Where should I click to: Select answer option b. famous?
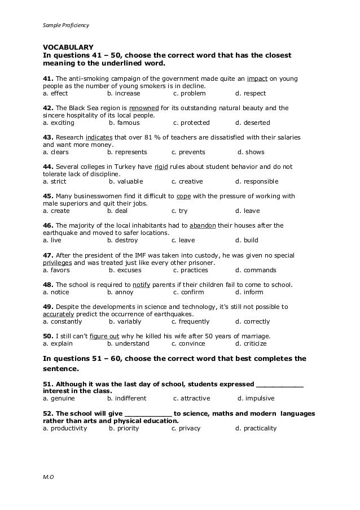click(x=124, y=123)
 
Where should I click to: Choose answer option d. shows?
click(x=251, y=152)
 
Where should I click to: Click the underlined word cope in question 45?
click(x=184, y=196)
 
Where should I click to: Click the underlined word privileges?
click(x=58, y=263)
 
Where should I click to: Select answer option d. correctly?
click(x=253, y=321)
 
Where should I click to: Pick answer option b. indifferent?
click(x=126, y=398)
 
